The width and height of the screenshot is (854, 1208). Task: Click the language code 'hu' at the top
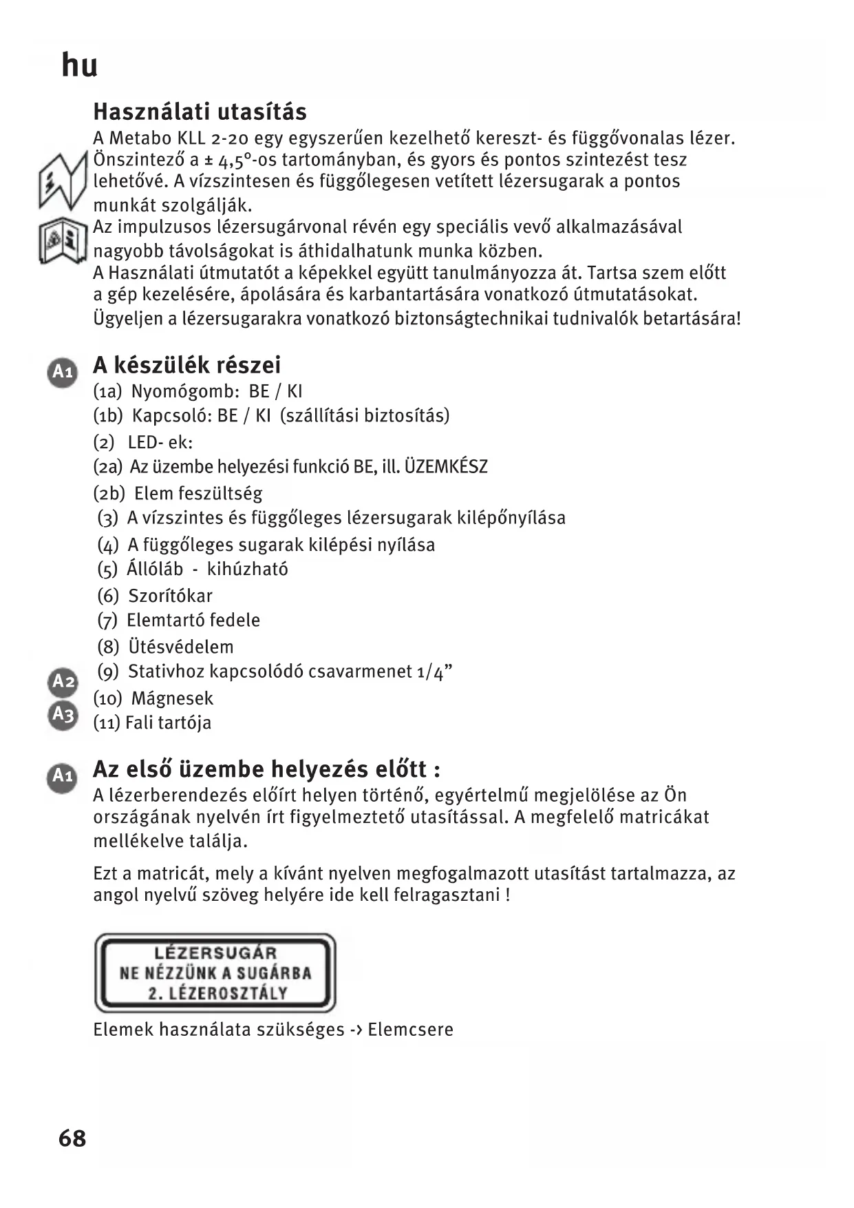tap(80, 66)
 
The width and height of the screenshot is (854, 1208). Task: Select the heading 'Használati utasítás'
tap(200, 112)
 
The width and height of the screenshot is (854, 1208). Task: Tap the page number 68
tap(72, 1138)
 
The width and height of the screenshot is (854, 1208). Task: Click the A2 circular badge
tap(63, 682)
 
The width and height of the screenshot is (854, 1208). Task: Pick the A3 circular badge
tap(63, 714)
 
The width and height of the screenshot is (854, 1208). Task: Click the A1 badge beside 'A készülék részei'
tap(63, 372)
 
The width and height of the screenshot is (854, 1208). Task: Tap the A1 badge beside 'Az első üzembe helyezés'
tap(63, 776)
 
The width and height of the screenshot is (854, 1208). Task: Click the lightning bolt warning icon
tap(62, 183)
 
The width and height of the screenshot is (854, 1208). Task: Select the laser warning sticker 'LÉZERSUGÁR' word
tap(215, 953)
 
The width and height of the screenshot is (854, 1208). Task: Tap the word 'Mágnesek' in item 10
tap(172, 698)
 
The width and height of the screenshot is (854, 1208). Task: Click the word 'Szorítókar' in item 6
tap(170, 596)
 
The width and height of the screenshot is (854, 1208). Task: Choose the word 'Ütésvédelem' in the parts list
tap(181, 647)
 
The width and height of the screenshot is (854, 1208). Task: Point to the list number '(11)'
tap(107, 722)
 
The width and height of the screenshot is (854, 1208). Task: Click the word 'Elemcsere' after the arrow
tap(410, 1030)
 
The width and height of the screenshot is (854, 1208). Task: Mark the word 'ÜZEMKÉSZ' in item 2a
tap(446, 467)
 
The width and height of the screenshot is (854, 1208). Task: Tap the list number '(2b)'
tap(109, 493)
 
